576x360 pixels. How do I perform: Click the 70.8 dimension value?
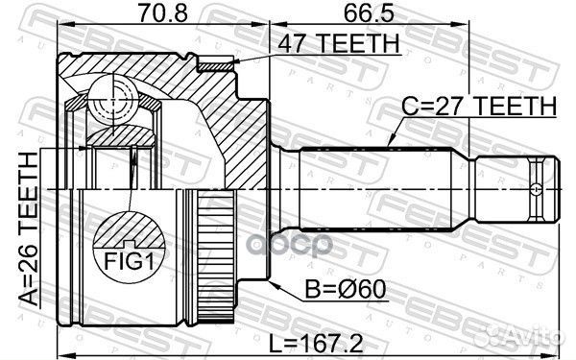162,12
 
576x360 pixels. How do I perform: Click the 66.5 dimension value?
369,12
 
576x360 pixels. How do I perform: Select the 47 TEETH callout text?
338,44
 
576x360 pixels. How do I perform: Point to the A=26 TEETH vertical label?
29,229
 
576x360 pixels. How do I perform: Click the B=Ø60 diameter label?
346,289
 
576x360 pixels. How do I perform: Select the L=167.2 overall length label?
316,344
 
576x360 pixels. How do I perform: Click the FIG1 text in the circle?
129,261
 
